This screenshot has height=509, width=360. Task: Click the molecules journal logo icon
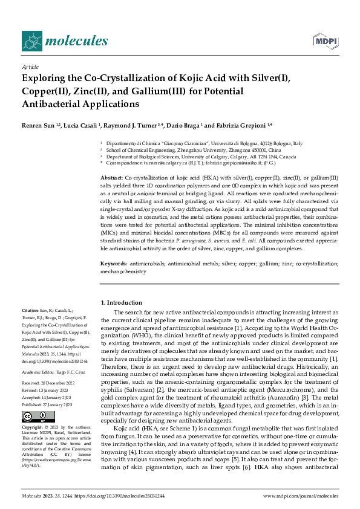(31, 41)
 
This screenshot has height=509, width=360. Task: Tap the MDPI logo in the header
(324, 41)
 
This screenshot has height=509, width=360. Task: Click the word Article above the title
(30, 68)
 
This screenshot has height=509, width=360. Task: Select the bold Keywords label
(113, 264)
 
